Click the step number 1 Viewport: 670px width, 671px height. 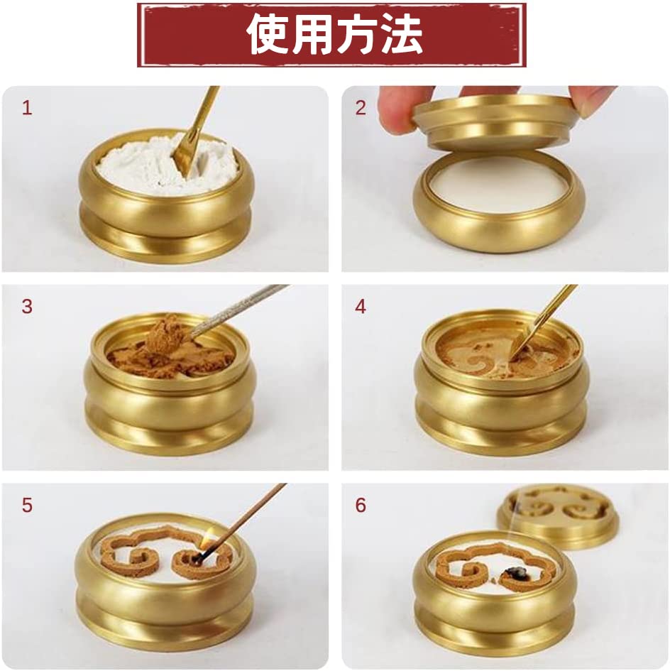coord(27,109)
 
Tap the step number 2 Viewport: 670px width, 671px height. coord(361,108)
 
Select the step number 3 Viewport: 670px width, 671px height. coord(27,307)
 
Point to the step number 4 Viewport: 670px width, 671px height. coord(361,307)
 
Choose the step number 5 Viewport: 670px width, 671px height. coord(27,506)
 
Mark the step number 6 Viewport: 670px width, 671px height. coord(361,506)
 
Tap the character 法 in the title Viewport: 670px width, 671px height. coord(401,34)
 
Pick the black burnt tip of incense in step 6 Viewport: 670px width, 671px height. coord(510,574)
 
